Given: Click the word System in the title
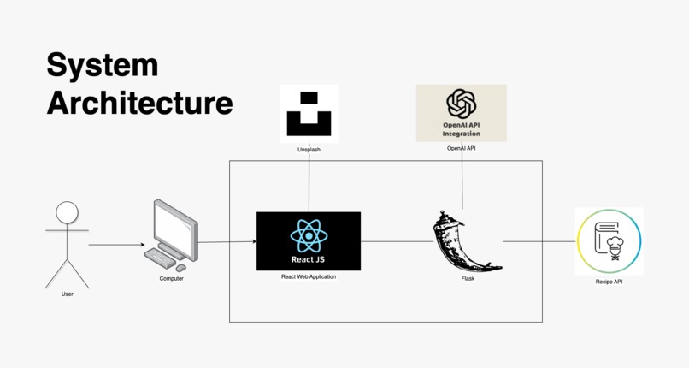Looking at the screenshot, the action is [103, 66].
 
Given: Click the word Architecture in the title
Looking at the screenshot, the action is [139, 103].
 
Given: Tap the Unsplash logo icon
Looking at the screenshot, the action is [309, 114].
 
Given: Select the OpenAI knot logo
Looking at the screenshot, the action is [462, 104].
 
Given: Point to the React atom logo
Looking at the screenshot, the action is [309, 236].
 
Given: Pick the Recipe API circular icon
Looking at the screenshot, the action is [609, 241].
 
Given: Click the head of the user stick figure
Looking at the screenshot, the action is [68, 213].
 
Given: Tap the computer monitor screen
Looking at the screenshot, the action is [174, 229].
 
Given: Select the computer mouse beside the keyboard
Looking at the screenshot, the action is [180, 268].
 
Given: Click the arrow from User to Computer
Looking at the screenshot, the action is [116, 245].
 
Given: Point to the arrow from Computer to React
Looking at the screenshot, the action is [227, 242].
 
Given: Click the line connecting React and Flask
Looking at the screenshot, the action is [397, 241].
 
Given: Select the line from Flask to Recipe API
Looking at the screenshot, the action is [539, 241].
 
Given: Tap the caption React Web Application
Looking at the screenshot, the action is [309, 276].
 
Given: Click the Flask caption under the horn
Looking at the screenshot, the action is [468, 278].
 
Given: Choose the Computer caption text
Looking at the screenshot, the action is [171, 278].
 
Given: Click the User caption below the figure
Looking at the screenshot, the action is [68, 294].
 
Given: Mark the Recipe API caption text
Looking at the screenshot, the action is [609, 282].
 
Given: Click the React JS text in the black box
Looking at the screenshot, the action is [308, 259].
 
